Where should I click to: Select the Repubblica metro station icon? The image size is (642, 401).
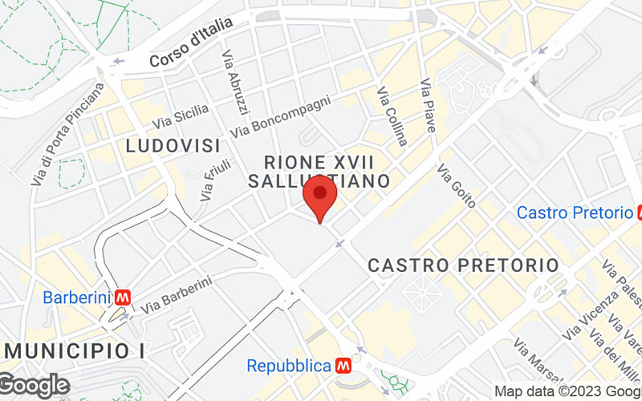click(x=344, y=366)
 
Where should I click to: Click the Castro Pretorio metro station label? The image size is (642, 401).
click(x=575, y=213)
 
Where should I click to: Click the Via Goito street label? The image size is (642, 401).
click(x=457, y=185)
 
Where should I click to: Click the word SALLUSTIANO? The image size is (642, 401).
click(x=319, y=181)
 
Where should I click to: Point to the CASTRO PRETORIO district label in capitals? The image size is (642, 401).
click(x=462, y=265)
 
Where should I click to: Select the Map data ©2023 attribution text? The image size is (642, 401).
click(x=567, y=392)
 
